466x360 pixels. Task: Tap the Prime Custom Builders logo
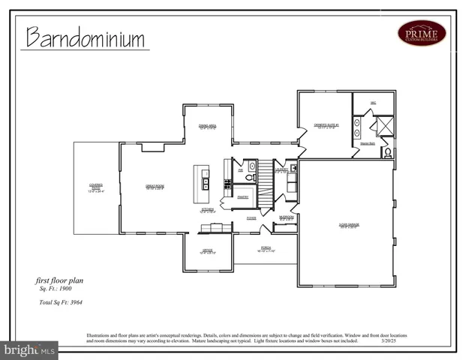(x=421, y=32)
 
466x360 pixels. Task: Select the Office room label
(x=207, y=251)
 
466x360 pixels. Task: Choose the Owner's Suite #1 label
(x=327, y=126)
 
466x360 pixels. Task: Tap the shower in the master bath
(x=385, y=127)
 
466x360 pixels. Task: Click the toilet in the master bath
(x=387, y=152)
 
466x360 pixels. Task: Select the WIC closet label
(x=373, y=102)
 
